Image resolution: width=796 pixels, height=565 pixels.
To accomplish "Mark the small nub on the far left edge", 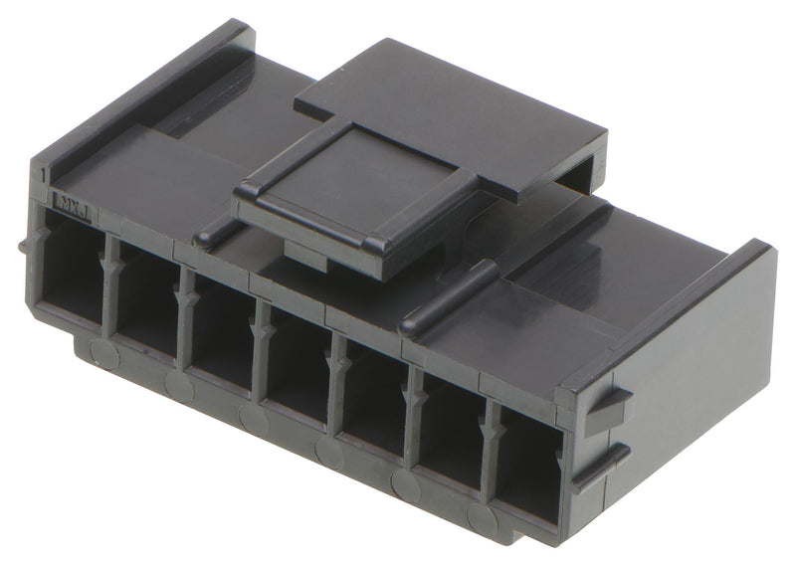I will [22, 246].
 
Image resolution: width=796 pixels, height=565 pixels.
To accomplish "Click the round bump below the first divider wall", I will [102, 351].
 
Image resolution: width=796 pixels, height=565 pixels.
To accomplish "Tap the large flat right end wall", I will [696, 368].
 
